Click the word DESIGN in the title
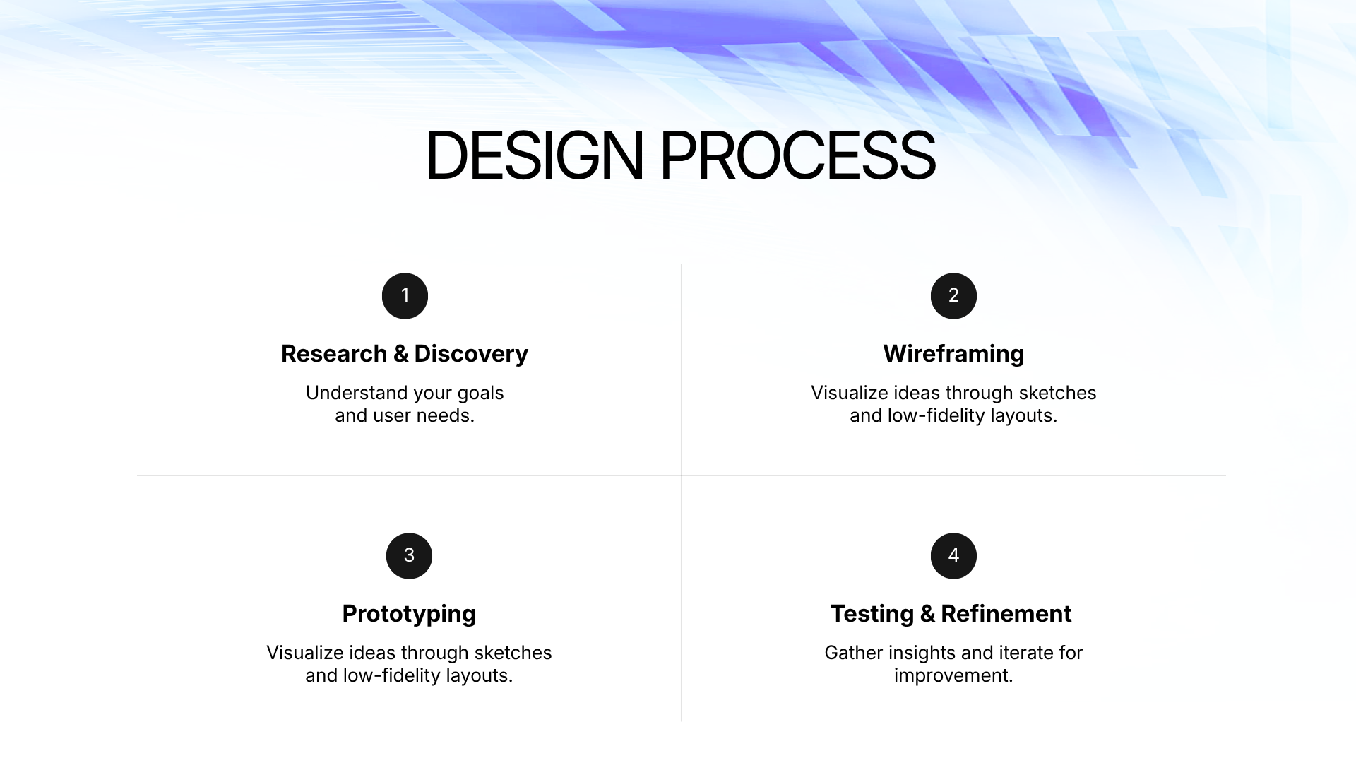tap(535, 155)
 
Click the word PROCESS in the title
tap(798, 155)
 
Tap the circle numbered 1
tap(405, 296)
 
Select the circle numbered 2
tap(953, 296)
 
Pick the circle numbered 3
tap(409, 556)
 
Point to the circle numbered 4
tap(953, 556)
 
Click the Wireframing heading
tap(953, 353)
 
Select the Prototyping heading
tap(409, 614)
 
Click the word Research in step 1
tap(334, 353)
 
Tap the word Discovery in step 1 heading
tap(471, 354)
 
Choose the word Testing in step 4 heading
tap(872, 614)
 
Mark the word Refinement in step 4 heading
tap(1006, 613)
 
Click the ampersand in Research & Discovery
tap(401, 354)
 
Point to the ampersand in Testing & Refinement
tap(927, 614)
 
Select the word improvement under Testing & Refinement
tap(953, 676)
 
